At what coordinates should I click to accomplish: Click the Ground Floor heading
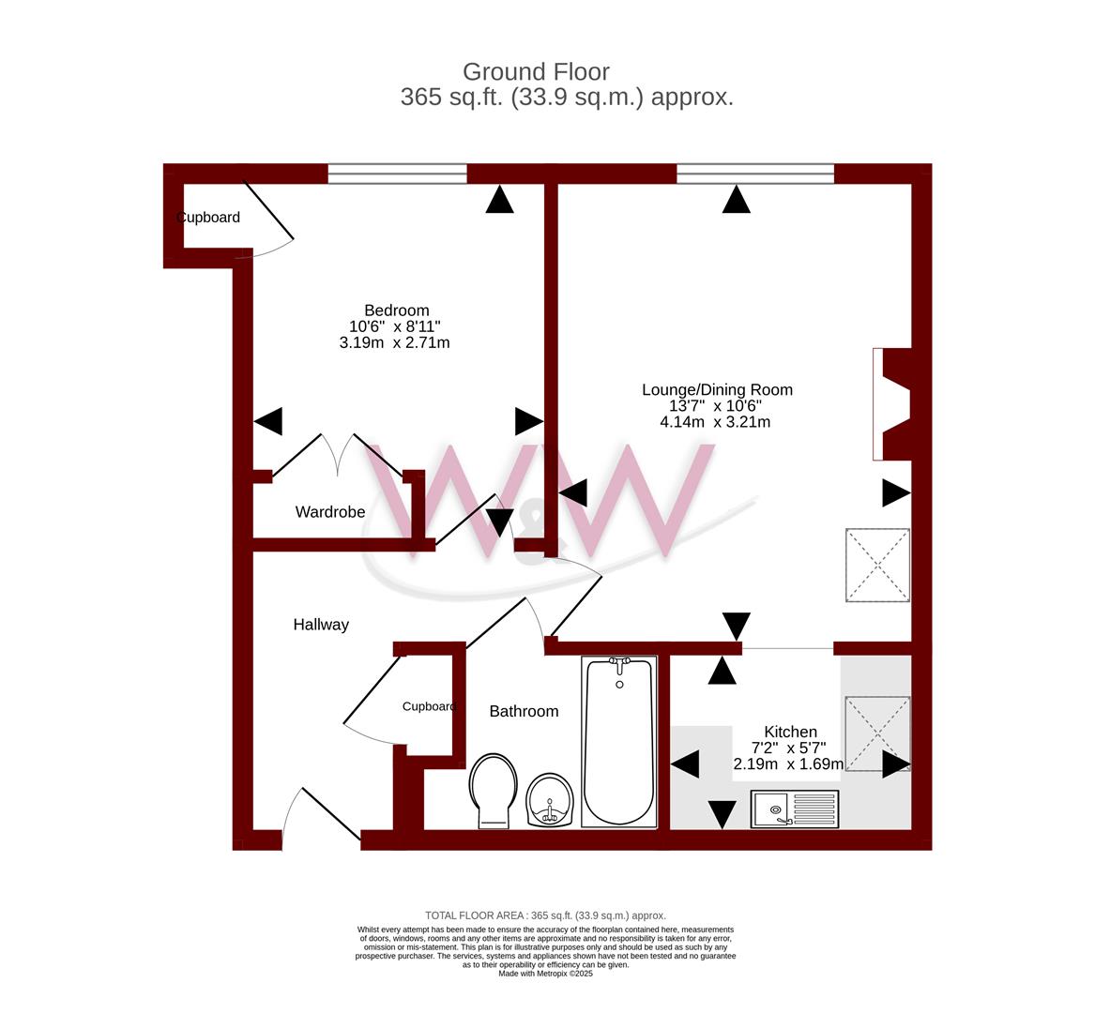[536, 72]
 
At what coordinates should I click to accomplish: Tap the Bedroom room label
[397, 310]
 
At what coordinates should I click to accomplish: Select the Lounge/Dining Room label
[717, 389]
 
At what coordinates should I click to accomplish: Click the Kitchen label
[791, 732]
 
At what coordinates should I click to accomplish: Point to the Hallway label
[321, 625]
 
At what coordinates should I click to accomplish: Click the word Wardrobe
[330, 512]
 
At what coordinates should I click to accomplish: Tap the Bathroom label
[524, 711]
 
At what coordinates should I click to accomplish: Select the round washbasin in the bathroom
[550, 800]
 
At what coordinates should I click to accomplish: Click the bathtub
[619, 741]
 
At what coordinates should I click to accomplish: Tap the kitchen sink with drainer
[795, 809]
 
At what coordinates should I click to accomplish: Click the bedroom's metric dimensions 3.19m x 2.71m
[395, 342]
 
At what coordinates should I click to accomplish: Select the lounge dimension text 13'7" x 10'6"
[715, 405]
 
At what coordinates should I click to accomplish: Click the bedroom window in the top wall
[397, 174]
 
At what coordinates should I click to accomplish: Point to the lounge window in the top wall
[755, 174]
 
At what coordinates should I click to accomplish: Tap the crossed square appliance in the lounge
[878, 565]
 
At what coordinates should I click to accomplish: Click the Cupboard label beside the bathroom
[429, 706]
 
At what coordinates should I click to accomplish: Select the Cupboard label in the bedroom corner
[208, 218]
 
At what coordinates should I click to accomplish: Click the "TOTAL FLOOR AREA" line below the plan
[545, 915]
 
